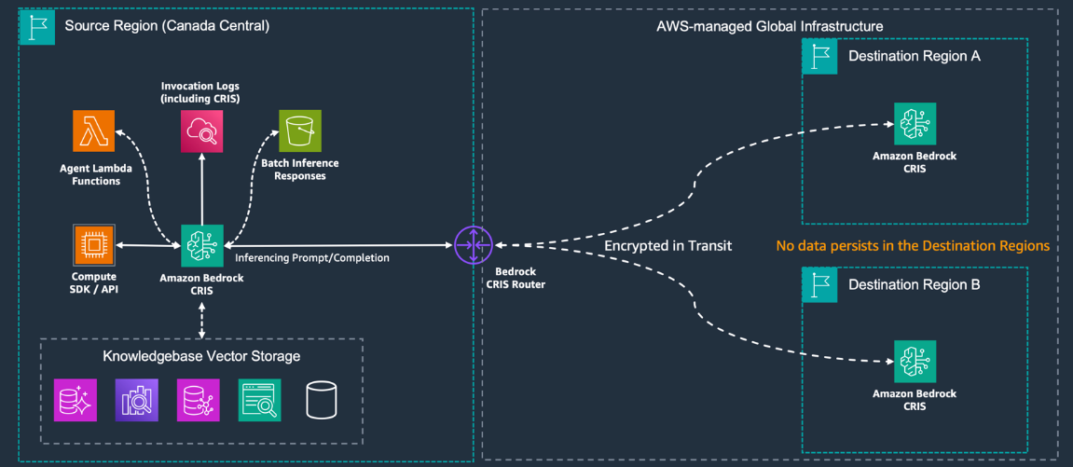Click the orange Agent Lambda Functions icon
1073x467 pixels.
(93, 130)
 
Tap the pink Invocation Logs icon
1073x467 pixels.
(201, 130)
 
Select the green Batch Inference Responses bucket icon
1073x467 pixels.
(300, 130)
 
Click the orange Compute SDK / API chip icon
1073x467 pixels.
(93, 245)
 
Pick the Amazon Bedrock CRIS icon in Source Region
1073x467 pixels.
(201, 245)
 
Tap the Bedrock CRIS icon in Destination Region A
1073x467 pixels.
(915, 124)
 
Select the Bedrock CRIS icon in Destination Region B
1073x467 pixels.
(915, 363)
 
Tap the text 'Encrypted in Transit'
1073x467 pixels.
(667, 246)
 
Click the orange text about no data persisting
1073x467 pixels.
(913, 246)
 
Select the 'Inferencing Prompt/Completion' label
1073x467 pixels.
(312, 257)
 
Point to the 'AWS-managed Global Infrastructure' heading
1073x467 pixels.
(769, 26)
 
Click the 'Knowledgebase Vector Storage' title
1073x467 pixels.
(201, 356)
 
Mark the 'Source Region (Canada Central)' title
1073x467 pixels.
(167, 26)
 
